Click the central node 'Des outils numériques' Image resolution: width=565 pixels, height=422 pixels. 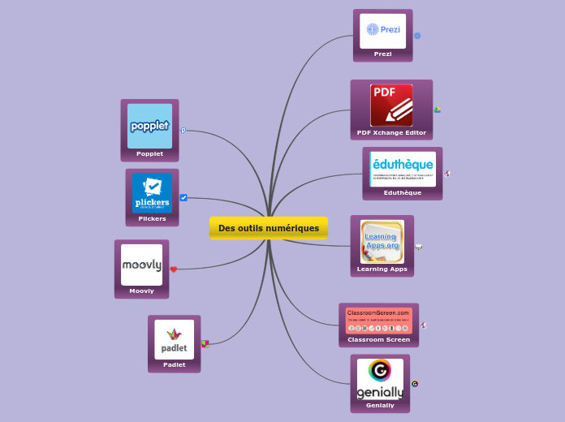click(268, 228)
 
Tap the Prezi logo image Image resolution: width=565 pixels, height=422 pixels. click(383, 30)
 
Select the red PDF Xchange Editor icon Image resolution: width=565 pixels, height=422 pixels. click(391, 105)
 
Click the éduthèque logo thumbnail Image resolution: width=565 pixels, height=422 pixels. click(403, 169)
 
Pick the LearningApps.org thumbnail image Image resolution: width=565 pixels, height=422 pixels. click(382, 241)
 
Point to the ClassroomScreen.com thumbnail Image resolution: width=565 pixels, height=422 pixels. click(378, 321)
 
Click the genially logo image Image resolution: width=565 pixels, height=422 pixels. click(380, 379)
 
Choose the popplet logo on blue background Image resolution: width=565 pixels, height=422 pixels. click(149, 126)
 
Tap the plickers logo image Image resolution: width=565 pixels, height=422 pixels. click(152, 193)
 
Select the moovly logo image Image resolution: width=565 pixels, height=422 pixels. click(141, 265)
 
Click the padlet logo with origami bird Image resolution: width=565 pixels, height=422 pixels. click(174, 339)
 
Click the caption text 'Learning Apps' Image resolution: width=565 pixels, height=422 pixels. click(382, 269)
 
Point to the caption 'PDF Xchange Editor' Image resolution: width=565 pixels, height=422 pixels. click(391, 132)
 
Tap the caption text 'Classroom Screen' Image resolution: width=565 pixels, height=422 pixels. click(378, 339)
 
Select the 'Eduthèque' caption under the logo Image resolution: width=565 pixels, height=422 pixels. click(403, 192)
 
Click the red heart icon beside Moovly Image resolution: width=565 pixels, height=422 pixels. click(174, 269)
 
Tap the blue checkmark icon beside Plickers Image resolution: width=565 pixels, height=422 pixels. click(183, 197)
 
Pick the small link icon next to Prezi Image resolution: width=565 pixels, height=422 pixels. click(417, 36)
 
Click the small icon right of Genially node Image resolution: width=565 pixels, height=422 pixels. click(415, 384)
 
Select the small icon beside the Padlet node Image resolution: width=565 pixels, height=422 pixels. click(205, 343)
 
